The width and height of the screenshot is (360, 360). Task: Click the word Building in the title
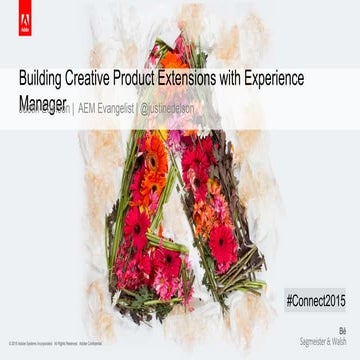(x=45, y=78)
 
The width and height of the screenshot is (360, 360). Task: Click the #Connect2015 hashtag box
(x=316, y=300)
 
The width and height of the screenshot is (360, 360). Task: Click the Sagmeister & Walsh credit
(x=327, y=340)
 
